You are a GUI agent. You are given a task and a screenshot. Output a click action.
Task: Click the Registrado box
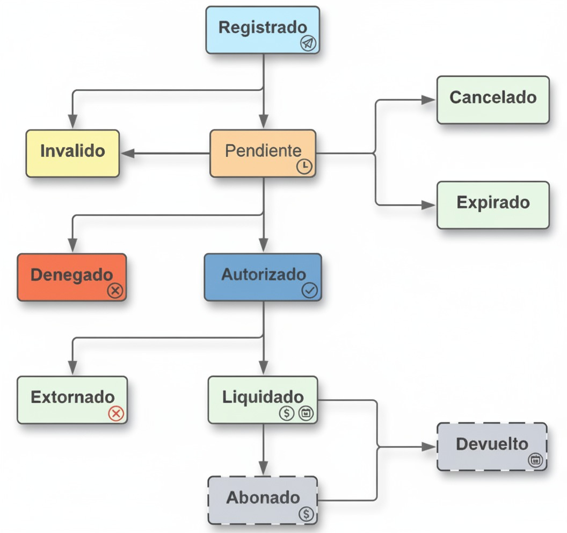coord(263,30)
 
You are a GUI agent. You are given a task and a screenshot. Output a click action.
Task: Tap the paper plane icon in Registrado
coord(308,44)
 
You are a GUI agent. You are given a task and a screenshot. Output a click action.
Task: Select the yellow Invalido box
coord(72,153)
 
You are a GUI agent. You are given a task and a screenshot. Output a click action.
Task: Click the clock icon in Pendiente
coord(304,167)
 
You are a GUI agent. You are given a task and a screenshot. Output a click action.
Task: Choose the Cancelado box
coord(493,100)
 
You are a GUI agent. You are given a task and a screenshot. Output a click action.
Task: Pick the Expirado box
coord(493,205)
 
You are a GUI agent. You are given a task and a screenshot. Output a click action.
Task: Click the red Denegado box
coord(72,277)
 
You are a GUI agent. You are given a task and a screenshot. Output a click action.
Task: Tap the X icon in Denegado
coord(115,291)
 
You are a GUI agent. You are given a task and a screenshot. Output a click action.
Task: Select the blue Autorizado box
coord(263,277)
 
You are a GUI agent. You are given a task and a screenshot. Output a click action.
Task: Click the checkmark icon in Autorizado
coord(310,291)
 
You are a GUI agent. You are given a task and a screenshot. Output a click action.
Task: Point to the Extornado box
coord(72,400)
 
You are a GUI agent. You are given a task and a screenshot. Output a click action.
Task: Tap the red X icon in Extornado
coord(116,413)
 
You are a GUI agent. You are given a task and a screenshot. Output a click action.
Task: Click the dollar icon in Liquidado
coord(286,413)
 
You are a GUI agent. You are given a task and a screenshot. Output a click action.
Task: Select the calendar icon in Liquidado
coord(306,413)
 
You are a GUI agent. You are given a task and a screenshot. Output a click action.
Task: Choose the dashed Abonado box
coord(263,500)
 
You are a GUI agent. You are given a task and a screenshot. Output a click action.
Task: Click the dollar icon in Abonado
coord(306,514)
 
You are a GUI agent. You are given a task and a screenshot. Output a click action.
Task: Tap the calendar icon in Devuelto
coord(535,459)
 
